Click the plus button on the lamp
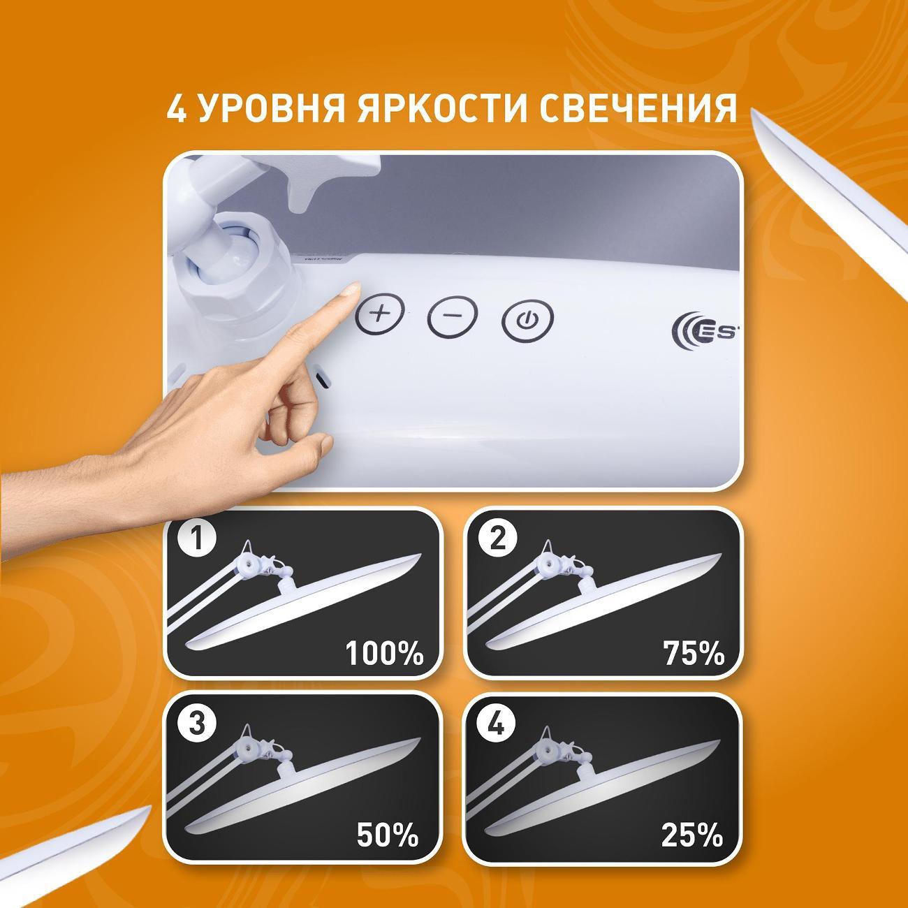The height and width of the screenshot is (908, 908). [x=380, y=313]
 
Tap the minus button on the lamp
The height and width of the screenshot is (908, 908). [x=453, y=315]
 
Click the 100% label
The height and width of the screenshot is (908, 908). [x=384, y=654]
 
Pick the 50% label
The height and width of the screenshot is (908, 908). [x=388, y=834]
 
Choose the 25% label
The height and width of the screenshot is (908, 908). [x=691, y=834]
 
